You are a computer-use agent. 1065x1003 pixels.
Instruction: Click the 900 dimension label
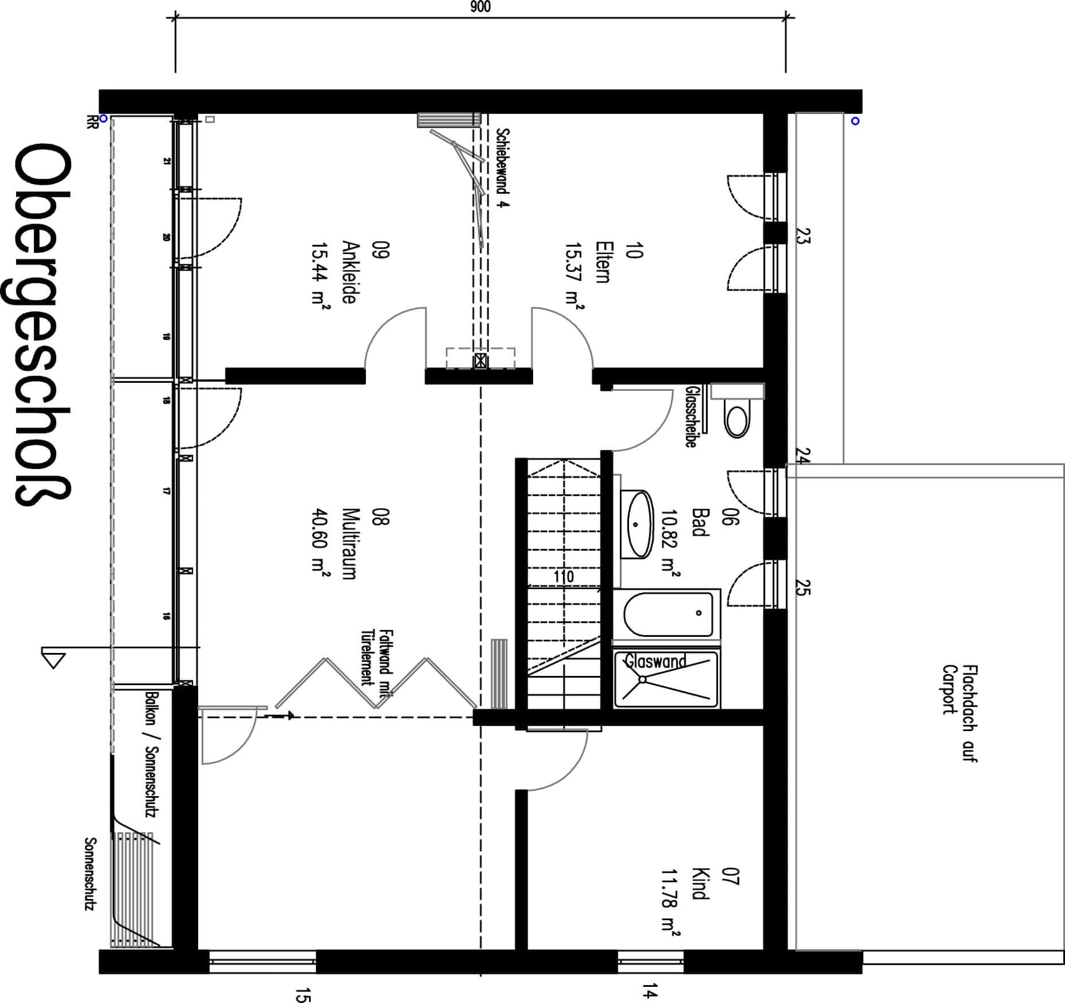pos(480,7)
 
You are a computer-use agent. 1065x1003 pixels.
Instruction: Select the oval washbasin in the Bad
pos(637,524)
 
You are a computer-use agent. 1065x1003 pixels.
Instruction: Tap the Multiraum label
pos(350,543)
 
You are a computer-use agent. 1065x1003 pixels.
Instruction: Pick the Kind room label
pos(700,883)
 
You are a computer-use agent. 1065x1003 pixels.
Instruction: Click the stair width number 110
pos(563,577)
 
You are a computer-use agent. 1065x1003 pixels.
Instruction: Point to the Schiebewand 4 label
pos(503,167)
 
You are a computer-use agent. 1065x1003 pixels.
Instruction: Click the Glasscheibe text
pos(691,416)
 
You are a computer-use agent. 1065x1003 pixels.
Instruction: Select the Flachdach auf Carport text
pos(960,712)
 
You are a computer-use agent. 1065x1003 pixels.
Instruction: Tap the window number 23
pos(803,236)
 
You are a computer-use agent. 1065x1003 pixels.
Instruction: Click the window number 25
pos(802,587)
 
